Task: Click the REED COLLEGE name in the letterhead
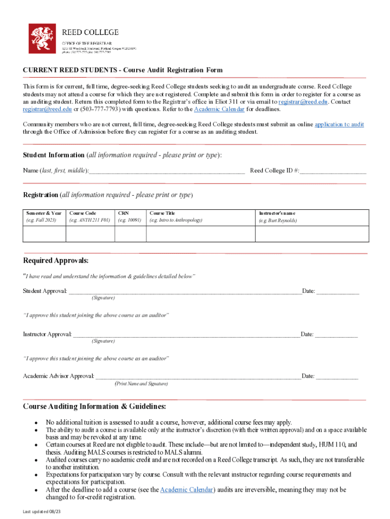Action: (90, 32)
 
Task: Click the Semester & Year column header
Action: (44, 213)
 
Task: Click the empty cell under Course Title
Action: (200, 234)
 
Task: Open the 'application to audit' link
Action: (339, 124)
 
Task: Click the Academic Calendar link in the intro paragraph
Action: (219, 109)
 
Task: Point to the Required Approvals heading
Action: (56, 261)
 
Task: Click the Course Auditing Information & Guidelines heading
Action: (94, 406)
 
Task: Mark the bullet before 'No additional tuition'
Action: (36, 423)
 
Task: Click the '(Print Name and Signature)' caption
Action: (141, 384)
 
